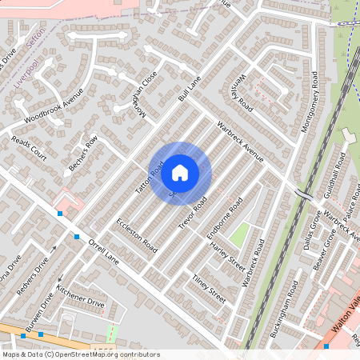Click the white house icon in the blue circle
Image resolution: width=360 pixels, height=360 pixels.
click(180, 171)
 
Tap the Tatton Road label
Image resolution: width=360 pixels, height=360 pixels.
click(156, 178)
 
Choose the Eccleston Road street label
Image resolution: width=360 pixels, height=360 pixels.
click(136, 232)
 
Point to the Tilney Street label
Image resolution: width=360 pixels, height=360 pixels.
click(209, 287)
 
